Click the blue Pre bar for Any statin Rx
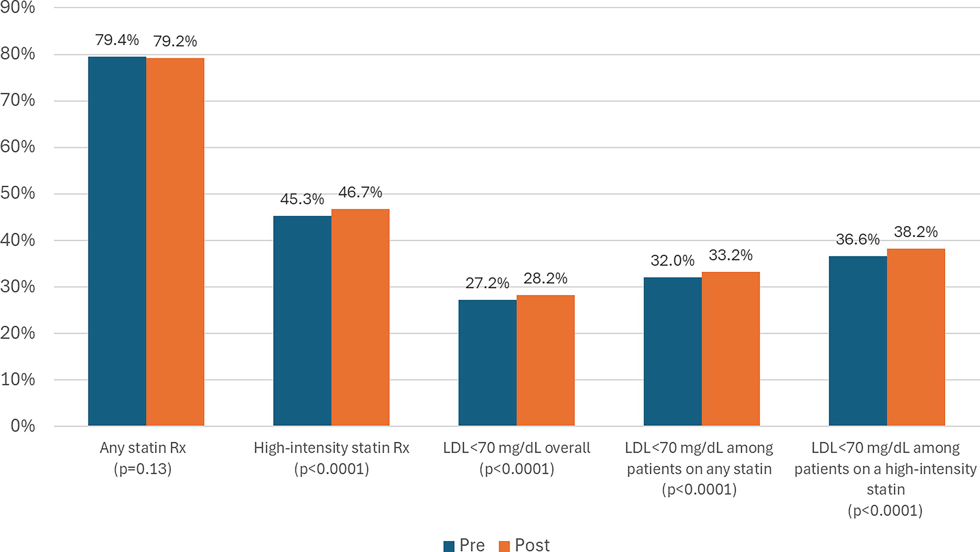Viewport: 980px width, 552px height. [x=117, y=241]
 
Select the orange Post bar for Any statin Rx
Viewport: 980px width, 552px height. [x=175, y=242]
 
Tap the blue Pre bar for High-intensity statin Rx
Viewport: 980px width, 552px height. [x=302, y=320]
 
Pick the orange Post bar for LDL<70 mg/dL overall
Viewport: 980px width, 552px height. [x=546, y=360]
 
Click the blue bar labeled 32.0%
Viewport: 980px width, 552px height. [x=673, y=351]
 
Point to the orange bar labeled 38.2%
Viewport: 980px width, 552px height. [x=916, y=337]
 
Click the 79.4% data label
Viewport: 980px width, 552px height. [x=117, y=40]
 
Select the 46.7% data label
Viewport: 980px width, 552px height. [x=360, y=192]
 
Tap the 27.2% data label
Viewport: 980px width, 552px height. [x=487, y=283]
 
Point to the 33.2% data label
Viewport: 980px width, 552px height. [x=730, y=255]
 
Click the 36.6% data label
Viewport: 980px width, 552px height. [x=857, y=240]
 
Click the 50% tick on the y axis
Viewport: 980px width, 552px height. [x=17, y=193]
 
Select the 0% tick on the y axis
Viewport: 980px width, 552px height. [x=23, y=426]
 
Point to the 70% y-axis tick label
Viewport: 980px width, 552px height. [x=17, y=100]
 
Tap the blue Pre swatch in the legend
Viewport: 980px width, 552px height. [x=449, y=546]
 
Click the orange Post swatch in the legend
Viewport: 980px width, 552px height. [x=504, y=546]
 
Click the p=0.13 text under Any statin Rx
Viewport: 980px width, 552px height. [x=143, y=469]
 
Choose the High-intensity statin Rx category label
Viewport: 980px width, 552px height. [x=331, y=448]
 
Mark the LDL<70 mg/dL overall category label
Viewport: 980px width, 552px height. [x=517, y=448]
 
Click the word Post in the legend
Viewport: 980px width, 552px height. [x=532, y=545]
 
